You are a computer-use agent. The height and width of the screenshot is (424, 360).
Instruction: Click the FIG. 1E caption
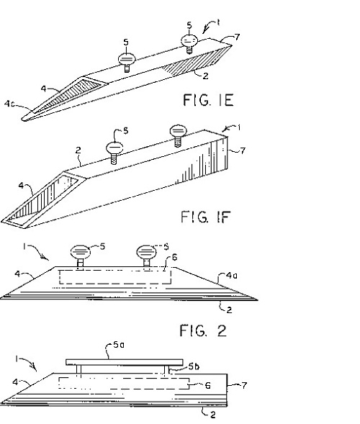tap(208, 100)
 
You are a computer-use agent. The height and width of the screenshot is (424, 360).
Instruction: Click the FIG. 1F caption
tap(205, 217)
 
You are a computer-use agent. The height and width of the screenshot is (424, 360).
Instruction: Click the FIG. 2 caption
tap(203, 330)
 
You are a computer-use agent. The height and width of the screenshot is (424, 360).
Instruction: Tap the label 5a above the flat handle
tap(119, 345)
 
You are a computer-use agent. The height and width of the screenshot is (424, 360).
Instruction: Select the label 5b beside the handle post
tap(194, 366)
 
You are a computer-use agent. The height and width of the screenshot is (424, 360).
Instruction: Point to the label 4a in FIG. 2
tap(232, 276)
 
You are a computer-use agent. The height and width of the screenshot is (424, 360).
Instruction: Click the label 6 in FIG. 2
tap(175, 257)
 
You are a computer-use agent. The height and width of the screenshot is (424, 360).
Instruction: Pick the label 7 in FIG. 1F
tap(243, 150)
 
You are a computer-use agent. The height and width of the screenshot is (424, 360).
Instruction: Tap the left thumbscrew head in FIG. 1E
tap(127, 59)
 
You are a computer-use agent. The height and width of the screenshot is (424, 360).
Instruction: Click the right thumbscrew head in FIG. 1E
tap(189, 40)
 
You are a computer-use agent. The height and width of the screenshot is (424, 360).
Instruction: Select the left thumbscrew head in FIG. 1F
tap(114, 148)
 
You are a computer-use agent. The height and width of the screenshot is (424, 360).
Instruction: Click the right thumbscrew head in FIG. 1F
tap(179, 130)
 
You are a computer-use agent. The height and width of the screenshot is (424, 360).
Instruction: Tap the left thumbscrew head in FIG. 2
tap(81, 252)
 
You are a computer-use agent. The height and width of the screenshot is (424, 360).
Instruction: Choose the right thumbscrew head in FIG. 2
tap(146, 252)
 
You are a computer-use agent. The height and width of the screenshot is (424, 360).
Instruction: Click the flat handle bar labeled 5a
tap(125, 362)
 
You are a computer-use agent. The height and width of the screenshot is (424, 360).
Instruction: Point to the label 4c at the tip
tap(9, 104)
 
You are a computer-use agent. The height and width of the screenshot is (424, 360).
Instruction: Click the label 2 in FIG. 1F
tap(78, 150)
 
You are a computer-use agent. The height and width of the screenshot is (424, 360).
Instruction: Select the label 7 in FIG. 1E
tap(237, 37)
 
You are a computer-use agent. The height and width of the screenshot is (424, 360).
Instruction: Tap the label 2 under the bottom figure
tap(213, 415)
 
